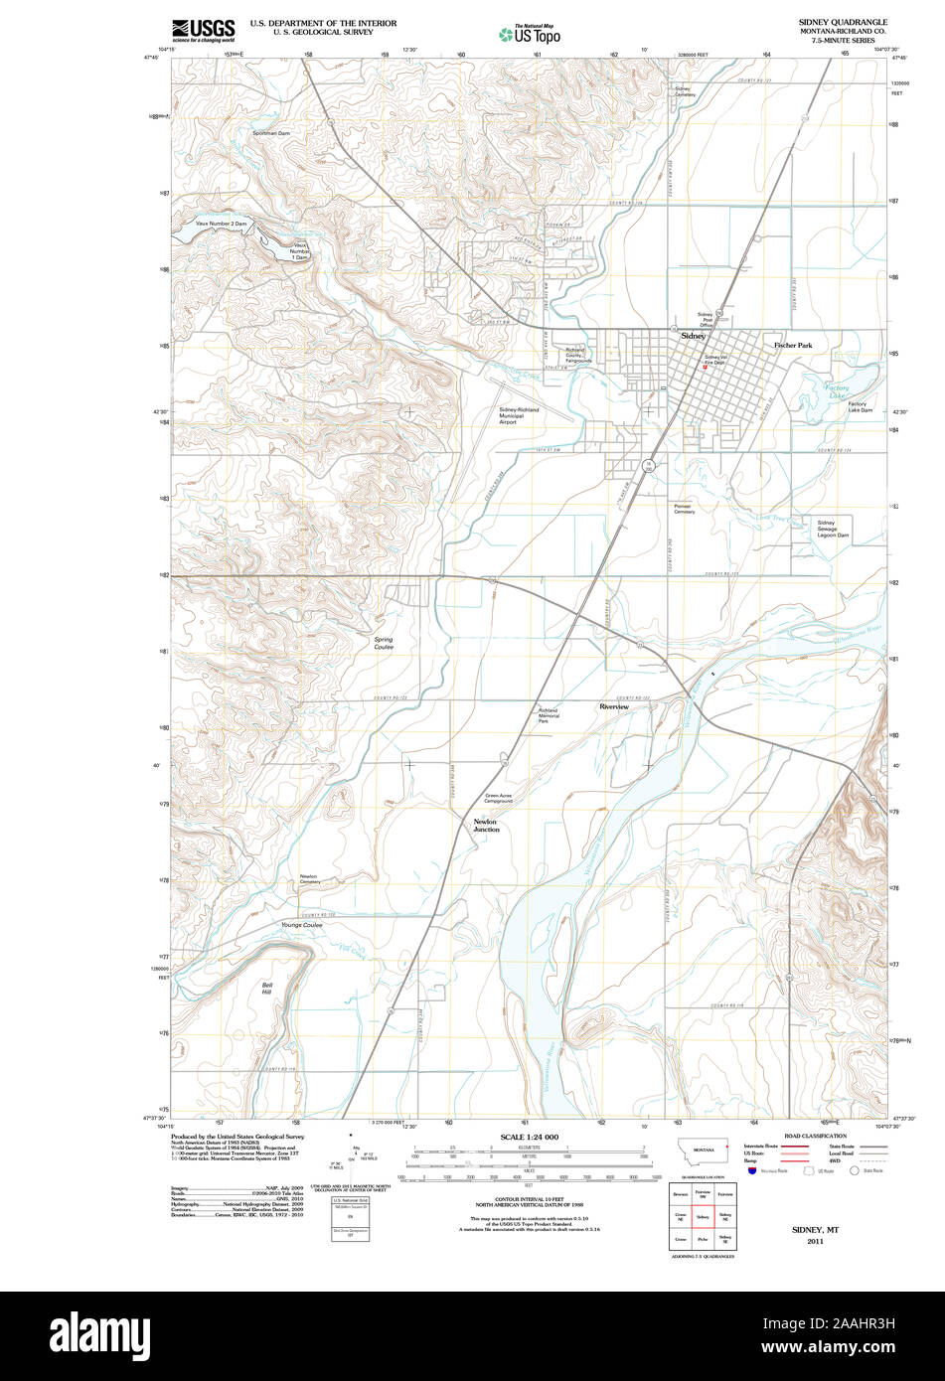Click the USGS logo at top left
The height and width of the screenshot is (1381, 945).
point(203,30)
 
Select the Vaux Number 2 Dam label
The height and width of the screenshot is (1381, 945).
point(221,224)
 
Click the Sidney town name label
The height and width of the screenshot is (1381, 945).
point(693,336)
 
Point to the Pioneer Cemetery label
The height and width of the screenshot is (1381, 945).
point(685,508)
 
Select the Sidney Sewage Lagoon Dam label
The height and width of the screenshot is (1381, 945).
point(833,529)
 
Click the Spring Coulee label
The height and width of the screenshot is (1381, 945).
point(384,643)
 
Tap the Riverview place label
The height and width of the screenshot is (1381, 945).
point(613,706)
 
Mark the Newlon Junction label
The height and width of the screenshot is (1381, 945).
point(485,826)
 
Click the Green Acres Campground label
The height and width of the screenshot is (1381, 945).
point(498,798)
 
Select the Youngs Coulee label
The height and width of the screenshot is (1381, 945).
point(301,925)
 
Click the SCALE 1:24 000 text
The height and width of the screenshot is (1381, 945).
point(530,1137)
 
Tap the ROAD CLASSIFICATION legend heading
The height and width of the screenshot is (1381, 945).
point(815,1136)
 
